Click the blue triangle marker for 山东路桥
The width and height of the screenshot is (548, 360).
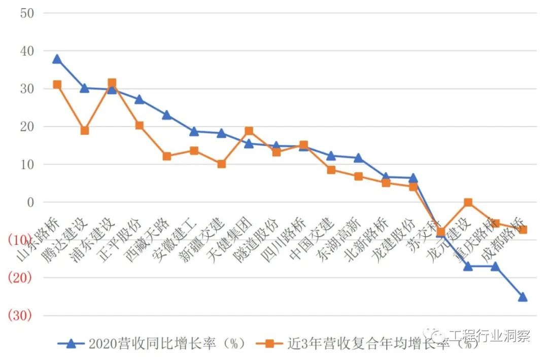57,59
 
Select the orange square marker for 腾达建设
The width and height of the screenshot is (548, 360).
84,130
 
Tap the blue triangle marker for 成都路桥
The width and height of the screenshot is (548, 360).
523,297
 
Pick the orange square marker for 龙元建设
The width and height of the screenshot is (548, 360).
468,202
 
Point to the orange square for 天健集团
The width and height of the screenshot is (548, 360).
249,131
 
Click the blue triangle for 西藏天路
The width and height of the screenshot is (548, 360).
166,115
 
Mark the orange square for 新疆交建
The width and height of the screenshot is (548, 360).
221,164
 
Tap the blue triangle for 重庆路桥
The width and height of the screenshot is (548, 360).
495,266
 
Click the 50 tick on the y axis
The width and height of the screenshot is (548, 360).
27,13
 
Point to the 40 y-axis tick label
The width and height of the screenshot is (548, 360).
27,51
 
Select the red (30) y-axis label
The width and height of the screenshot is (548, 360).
20,315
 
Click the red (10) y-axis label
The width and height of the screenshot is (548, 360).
20,240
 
